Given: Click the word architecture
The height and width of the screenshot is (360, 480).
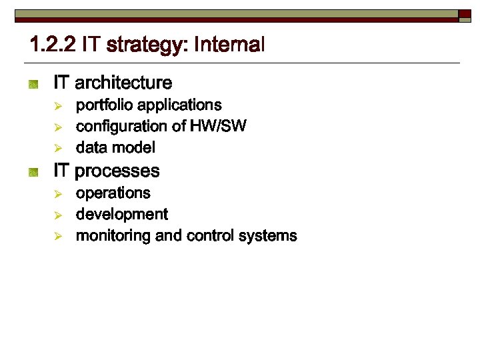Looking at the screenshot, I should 123,83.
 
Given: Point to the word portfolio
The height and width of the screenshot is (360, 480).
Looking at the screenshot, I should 103,105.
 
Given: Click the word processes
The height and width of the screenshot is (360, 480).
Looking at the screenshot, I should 117,171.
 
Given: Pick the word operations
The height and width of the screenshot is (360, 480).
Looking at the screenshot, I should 113,193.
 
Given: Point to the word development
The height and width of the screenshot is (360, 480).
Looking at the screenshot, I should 122,215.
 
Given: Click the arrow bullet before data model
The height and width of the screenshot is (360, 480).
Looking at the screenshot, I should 58,147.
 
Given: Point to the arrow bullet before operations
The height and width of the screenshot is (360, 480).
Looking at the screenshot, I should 58,193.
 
